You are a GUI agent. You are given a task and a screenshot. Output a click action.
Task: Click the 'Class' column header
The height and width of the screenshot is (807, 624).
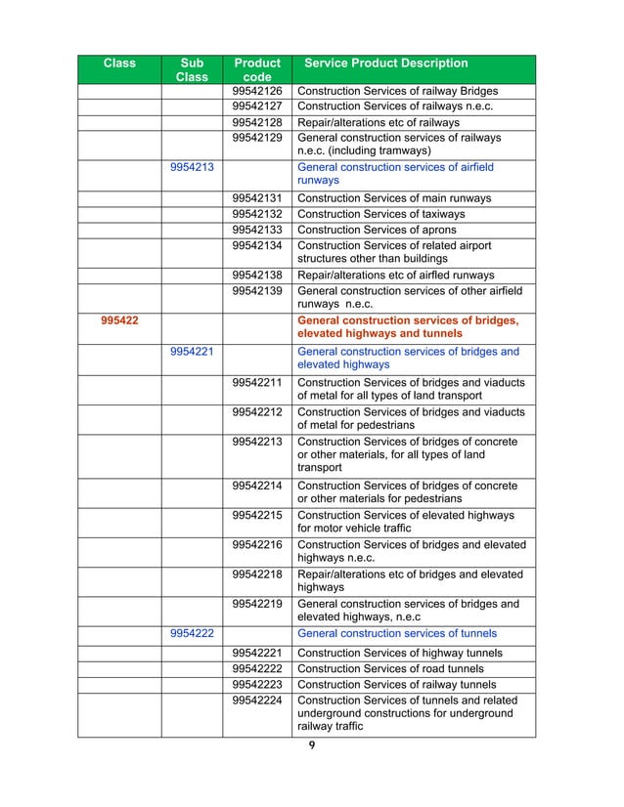(119, 64)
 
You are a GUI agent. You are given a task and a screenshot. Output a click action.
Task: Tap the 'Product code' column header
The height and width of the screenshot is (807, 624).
(256, 69)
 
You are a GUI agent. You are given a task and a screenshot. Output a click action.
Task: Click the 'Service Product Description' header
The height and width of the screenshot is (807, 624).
(386, 64)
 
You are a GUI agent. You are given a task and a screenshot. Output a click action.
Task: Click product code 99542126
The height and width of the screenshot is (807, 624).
(256, 91)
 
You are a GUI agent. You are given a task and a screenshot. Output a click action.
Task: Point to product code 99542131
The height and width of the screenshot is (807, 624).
(256, 198)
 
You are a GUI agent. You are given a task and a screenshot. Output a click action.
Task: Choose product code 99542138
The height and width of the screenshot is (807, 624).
(256, 276)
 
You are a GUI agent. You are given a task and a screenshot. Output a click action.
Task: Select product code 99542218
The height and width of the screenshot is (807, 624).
(256, 573)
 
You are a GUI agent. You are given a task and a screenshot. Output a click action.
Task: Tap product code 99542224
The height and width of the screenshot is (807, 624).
(256, 701)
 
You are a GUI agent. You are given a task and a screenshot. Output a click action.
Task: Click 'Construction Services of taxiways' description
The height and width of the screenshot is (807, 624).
(380, 214)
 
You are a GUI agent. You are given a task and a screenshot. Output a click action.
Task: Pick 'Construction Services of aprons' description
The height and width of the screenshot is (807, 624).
(377, 230)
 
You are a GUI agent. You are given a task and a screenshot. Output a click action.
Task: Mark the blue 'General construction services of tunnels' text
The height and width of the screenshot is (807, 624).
(396, 632)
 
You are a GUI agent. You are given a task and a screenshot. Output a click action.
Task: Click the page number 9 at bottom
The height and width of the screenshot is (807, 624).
(312, 747)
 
